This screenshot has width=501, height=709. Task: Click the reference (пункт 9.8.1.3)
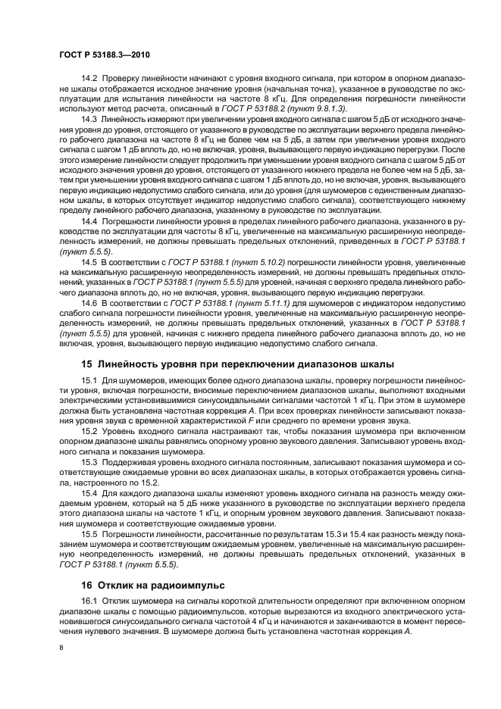coord(313,109)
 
